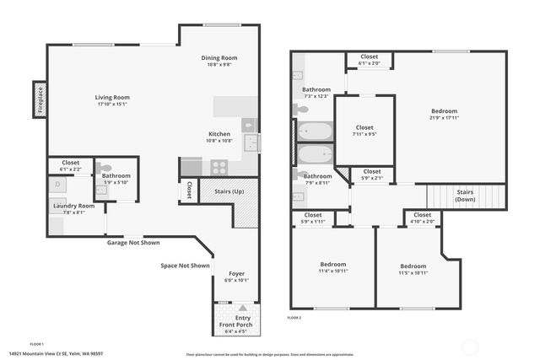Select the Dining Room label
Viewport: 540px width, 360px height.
[219, 61]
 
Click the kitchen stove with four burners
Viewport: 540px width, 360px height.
[219, 167]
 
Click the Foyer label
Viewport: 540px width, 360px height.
[236, 277]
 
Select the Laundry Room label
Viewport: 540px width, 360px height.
[73, 209]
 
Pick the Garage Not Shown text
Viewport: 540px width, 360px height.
[132, 243]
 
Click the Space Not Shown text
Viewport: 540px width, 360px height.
[185, 266]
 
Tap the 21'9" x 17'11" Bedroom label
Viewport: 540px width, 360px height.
[444, 115]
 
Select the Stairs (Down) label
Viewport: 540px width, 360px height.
[465, 196]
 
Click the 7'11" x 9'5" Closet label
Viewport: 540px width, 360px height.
[364, 130]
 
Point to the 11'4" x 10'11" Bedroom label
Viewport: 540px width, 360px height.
[332, 267]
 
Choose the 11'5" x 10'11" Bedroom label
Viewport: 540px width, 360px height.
[413, 269]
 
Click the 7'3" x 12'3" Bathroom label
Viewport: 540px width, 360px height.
[316, 92]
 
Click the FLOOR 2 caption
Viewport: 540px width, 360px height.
[294, 317]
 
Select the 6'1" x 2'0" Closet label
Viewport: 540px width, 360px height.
[369, 59]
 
